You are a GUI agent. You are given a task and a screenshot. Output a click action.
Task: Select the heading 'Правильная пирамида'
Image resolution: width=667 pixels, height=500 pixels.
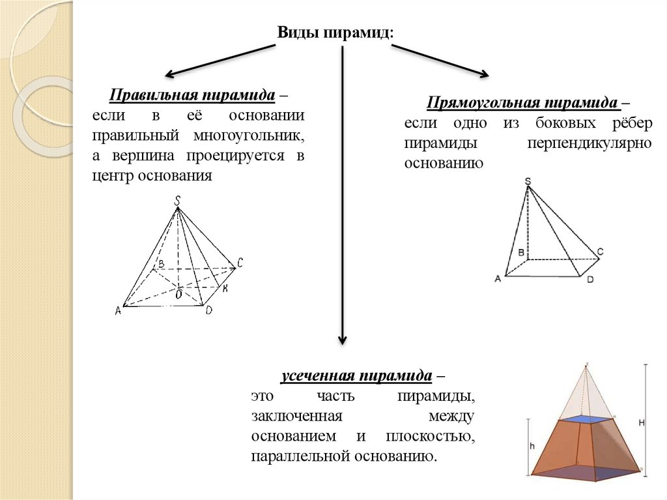[192, 96]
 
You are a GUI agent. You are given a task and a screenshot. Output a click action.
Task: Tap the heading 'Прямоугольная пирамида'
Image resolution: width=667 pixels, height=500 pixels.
[522, 103]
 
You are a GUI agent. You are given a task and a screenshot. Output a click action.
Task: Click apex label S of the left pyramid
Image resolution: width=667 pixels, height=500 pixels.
[177, 202]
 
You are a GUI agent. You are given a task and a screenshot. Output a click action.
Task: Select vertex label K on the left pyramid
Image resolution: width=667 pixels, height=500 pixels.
[224, 289]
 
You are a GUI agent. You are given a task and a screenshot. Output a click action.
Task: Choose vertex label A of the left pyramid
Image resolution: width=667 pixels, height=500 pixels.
[118, 311]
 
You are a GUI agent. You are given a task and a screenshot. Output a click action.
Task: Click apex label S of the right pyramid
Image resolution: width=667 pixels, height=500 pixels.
[527, 181]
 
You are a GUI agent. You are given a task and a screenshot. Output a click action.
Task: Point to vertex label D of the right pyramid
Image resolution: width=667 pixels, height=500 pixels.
[589, 280]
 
